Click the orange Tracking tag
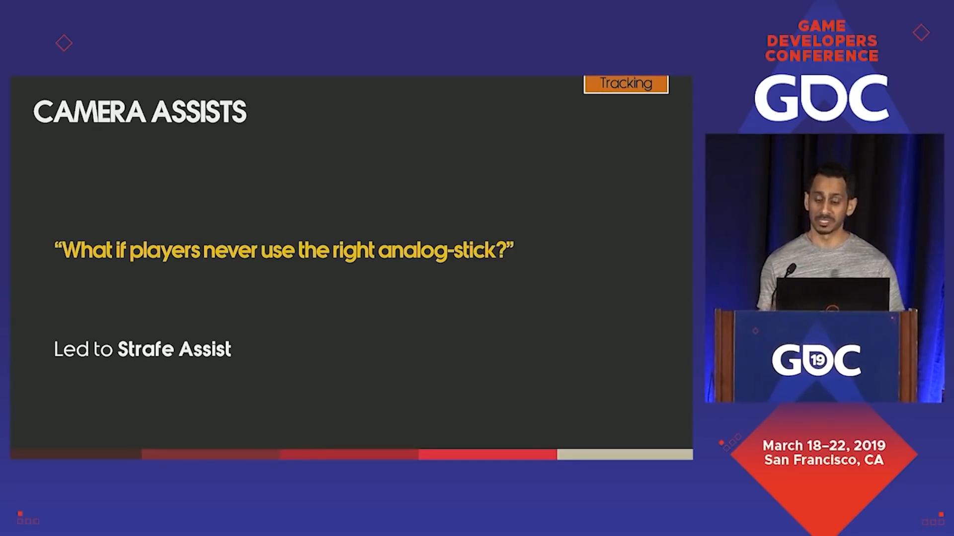point(626,84)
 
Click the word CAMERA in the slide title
point(89,112)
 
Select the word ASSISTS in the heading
point(199,112)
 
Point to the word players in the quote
point(164,251)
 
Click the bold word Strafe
point(146,349)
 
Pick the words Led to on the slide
point(83,349)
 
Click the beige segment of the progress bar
point(625,454)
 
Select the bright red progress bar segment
point(487,454)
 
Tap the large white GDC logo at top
point(821,98)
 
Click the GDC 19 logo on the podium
point(816,360)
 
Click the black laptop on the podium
point(833,294)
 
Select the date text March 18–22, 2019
point(824,445)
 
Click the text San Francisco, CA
point(824,460)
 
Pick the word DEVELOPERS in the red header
point(822,41)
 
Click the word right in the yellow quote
point(353,251)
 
